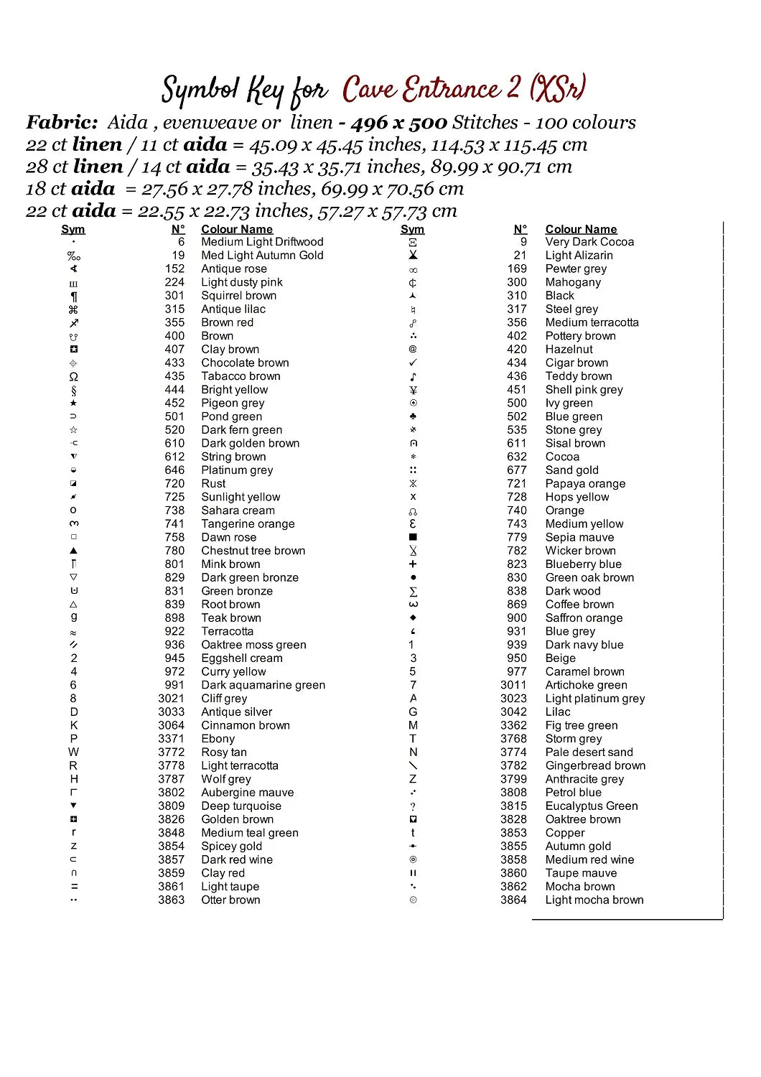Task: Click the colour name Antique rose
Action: (x=234, y=269)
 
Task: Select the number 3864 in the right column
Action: (x=513, y=900)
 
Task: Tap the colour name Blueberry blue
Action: (x=583, y=564)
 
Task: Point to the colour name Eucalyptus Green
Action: (x=591, y=806)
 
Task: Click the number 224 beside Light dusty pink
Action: (x=174, y=282)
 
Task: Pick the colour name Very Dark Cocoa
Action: (x=589, y=242)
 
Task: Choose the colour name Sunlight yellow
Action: (x=241, y=497)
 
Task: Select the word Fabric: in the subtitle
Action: (x=62, y=123)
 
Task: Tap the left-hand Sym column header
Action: (x=73, y=229)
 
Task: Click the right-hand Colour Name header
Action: (x=581, y=229)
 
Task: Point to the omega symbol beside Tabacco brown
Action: (x=73, y=376)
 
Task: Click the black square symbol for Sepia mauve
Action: (x=413, y=537)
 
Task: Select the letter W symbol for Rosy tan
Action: (x=73, y=752)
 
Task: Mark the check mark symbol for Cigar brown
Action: (x=413, y=363)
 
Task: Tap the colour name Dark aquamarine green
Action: (x=263, y=685)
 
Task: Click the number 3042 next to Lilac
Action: (x=513, y=712)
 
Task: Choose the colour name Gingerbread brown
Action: (x=595, y=765)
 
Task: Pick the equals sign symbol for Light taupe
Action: (x=74, y=887)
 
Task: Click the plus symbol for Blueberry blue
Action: (x=413, y=564)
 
